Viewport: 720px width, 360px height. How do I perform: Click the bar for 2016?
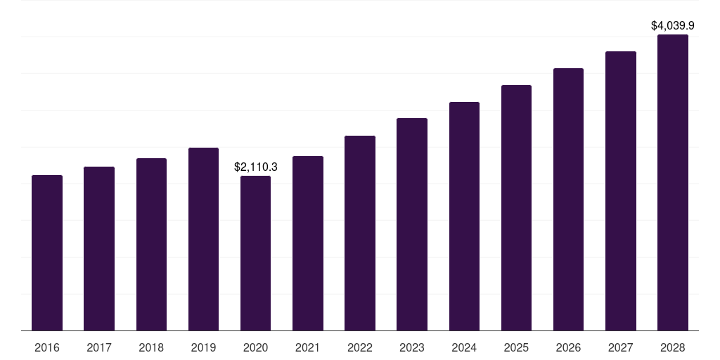pos(47,253)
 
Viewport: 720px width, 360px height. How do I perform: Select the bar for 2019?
pos(203,239)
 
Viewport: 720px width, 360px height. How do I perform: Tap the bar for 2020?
pos(255,253)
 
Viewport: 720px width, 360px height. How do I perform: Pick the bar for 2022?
pos(360,233)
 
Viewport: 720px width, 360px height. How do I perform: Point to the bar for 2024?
pos(464,217)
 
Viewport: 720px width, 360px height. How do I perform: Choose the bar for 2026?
pos(568,199)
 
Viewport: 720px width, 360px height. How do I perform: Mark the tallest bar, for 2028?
pos(673,183)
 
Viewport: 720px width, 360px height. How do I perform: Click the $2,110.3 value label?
pos(256,167)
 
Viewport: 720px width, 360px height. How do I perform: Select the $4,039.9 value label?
pos(673,26)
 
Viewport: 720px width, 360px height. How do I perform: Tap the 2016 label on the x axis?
pos(47,347)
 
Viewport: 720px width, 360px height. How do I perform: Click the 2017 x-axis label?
pos(99,347)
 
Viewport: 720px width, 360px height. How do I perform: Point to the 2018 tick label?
pos(151,347)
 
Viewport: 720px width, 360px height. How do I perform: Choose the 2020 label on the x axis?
pos(255,347)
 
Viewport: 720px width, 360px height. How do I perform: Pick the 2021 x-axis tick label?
pos(308,347)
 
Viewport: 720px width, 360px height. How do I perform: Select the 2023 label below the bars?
pos(412,347)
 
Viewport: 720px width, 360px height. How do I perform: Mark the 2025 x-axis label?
pos(516,347)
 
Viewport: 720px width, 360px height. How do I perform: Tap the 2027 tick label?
pos(621,347)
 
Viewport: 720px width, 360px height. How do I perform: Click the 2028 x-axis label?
pos(673,347)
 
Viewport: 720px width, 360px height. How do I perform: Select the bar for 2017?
pos(99,249)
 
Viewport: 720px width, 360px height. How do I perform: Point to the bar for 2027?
pos(621,191)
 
